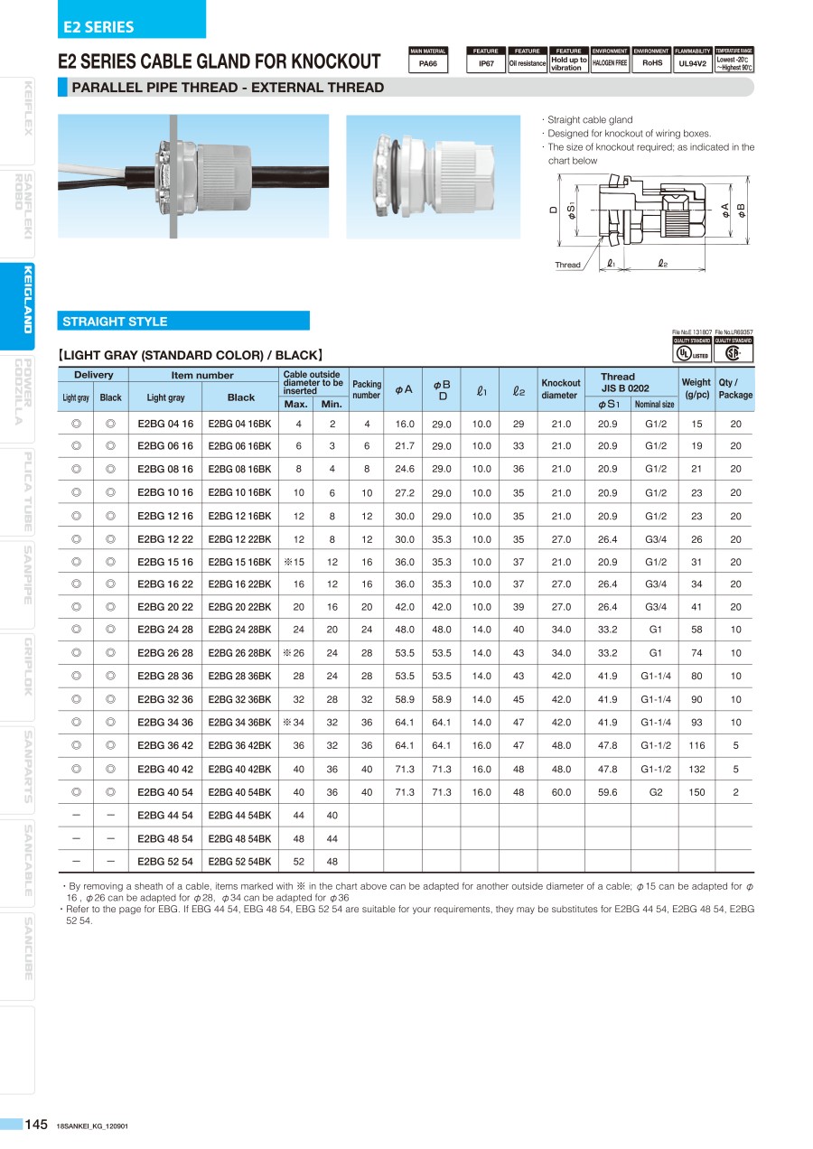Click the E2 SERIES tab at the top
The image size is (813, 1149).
coord(98,27)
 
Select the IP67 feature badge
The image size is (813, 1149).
coord(486,63)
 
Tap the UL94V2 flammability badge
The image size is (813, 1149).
coord(692,63)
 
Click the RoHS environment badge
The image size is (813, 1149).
coord(651,63)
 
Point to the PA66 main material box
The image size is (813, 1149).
coord(428,63)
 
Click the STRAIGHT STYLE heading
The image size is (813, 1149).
coord(115,322)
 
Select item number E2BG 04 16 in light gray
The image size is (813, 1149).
coord(165,424)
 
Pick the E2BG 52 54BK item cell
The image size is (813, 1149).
coord(239,861)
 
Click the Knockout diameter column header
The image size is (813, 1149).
coord(561,389)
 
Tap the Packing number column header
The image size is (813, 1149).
coord(367,389)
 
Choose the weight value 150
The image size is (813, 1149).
coord(696,792)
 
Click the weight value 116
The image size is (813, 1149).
coord(696,746)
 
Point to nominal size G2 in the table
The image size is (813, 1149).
coord(655,792)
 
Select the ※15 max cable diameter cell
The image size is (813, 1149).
coord(298,562)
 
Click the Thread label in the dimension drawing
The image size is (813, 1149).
coord(567,265)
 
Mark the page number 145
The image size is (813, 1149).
coord(36,1124)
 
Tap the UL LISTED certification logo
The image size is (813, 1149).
coord(692,352)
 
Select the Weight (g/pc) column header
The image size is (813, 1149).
coord(696,389)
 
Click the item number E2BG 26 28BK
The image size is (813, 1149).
coord(239,653)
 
